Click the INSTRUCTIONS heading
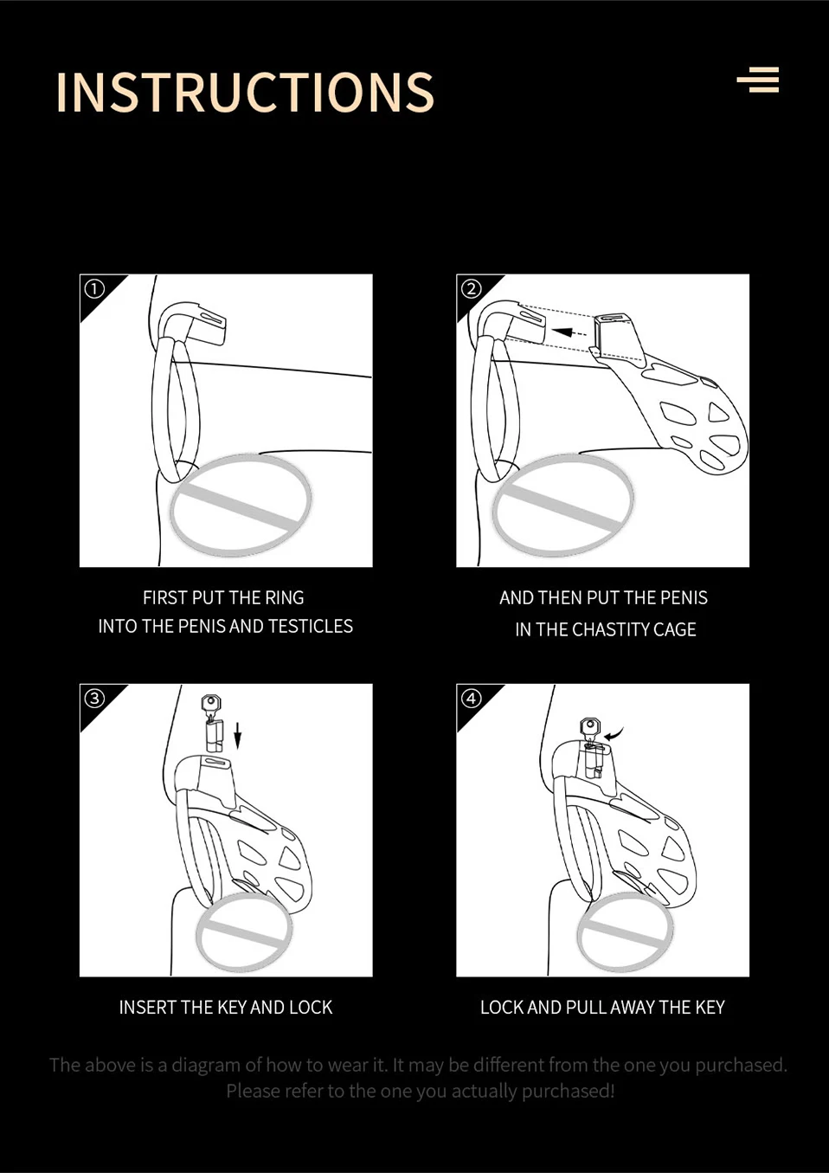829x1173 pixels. click(245, 92)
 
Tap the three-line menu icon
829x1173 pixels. click(758, 80)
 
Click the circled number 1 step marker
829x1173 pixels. click(94, 288)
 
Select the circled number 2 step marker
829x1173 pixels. click(471, 288)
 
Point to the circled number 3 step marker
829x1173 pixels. click(94, 698)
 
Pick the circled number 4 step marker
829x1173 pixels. click(471, 698)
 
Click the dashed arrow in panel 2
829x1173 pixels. click(569, 332)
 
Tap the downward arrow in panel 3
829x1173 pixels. click(238, 735)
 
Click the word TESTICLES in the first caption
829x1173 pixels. click(311, 626)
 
